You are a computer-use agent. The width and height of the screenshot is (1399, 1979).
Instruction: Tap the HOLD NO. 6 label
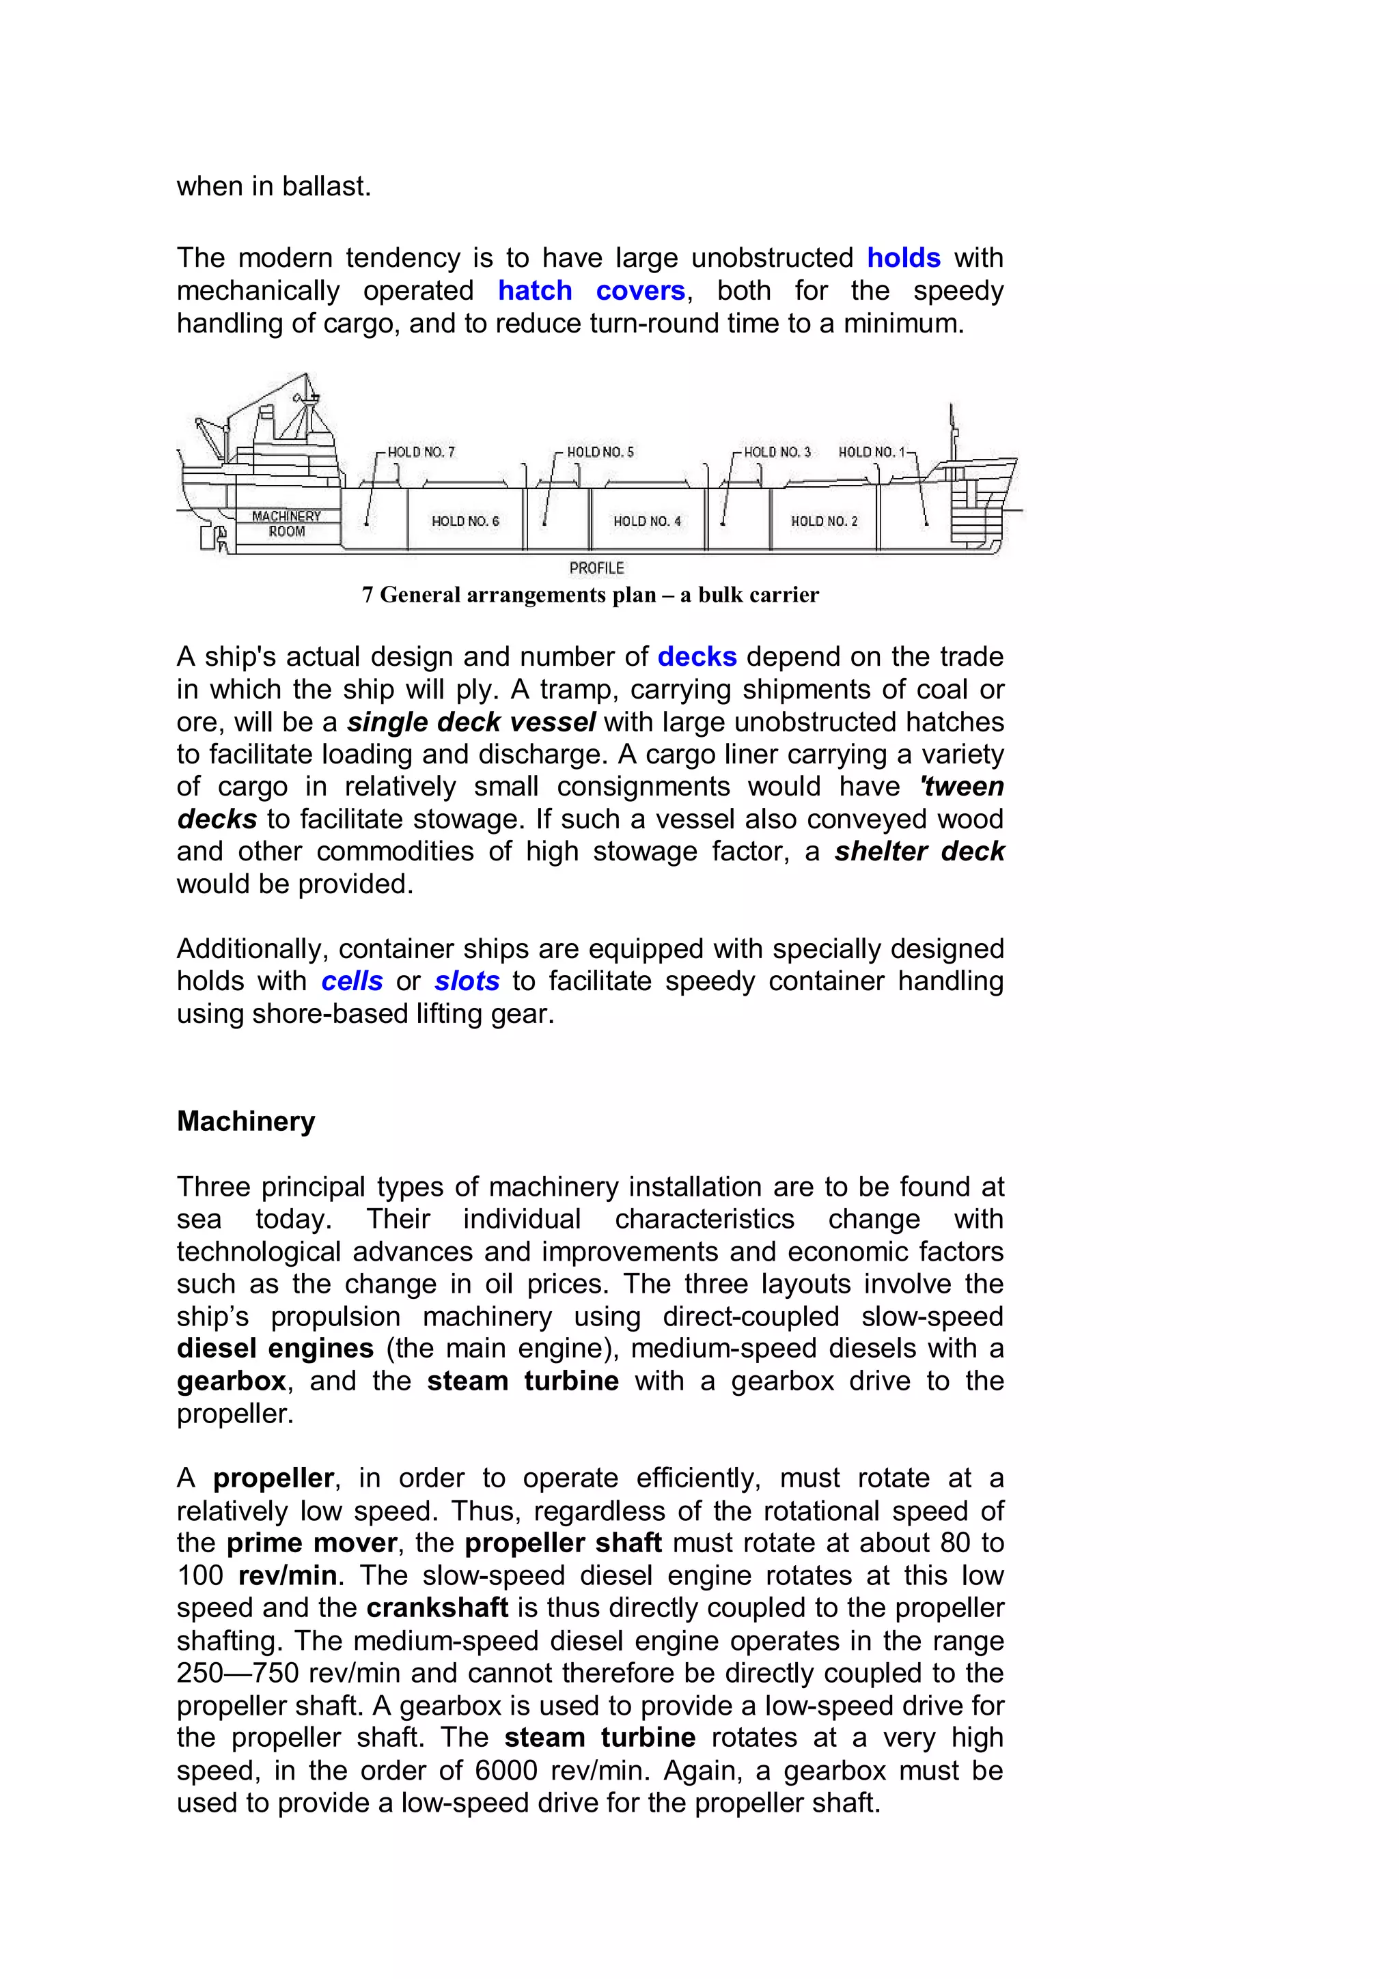465,522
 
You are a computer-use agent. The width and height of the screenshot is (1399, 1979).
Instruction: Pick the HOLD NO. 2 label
824,522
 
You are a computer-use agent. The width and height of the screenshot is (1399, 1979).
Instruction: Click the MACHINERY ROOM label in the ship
286,524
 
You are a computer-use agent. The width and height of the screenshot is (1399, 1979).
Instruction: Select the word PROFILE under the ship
596,568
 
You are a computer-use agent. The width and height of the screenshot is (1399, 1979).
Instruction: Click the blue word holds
902,257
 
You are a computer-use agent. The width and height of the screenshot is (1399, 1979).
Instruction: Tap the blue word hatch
534,290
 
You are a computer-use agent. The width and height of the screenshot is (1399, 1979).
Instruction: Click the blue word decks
697,657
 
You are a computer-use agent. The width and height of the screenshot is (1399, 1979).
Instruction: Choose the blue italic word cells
352,981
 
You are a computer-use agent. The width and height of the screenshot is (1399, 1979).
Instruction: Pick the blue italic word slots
467,981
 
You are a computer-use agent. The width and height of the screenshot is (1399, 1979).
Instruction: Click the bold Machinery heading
246,1121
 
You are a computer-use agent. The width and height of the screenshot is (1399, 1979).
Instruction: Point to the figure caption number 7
368,595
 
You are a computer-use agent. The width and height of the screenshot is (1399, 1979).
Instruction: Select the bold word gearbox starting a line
231,1381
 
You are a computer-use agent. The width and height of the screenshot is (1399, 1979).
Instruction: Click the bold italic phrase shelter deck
919,852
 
